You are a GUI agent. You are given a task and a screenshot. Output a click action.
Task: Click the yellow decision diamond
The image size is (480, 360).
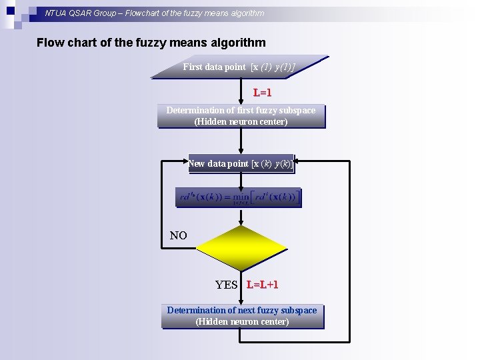[x=241, y=249]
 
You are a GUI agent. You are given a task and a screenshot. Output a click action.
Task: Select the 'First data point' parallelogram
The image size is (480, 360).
[x=240, y=67]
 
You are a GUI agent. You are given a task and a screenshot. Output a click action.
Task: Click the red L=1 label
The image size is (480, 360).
[x=262, y=92]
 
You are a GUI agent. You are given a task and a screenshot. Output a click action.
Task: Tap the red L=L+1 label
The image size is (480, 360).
[x=262, y=285]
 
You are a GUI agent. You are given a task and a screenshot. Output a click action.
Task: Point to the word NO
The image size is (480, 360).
[x=179, y=235]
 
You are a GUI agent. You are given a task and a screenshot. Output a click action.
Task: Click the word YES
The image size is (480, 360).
[x=227, y=285]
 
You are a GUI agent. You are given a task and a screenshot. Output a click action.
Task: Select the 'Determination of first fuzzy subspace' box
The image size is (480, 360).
[x=241, y=115]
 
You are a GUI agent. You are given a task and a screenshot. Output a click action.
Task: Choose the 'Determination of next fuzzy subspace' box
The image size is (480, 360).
[x=242, y=315]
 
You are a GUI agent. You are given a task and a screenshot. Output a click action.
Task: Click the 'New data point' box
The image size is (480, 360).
[x=241, y=163]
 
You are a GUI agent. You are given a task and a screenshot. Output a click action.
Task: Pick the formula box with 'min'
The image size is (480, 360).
[x=239, y=197]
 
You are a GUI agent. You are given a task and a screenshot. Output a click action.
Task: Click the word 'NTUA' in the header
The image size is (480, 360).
[x=56, y=13]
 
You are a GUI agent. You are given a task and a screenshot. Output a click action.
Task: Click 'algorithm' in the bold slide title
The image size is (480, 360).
[x=237, y=43]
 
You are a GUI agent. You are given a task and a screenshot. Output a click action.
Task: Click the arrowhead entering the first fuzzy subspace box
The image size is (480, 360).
[x=241, y=101]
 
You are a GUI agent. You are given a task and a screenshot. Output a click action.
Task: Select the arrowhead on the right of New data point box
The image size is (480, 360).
[x=298, y=161]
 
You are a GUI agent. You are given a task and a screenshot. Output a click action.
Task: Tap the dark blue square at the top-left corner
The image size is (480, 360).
[x=10, y=9]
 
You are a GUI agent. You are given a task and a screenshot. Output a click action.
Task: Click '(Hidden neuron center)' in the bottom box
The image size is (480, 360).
[x=242, y=321]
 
